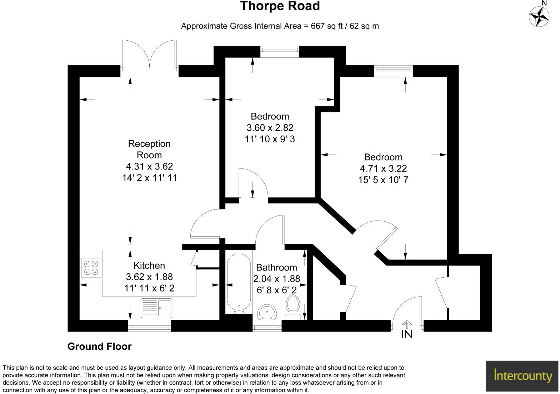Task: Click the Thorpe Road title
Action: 280,6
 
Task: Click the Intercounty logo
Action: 522,375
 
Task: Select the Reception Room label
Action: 149,149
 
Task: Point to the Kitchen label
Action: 149,265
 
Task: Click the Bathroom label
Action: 276,267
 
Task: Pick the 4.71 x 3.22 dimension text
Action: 383,168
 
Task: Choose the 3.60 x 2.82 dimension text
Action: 270,127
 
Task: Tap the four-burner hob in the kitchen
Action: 91,268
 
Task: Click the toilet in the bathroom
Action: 293,305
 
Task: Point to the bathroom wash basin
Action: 266,312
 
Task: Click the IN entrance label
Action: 407,334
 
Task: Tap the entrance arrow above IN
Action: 407,323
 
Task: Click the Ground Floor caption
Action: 99,346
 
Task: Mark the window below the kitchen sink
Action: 149,325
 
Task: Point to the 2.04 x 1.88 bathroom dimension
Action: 277,279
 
